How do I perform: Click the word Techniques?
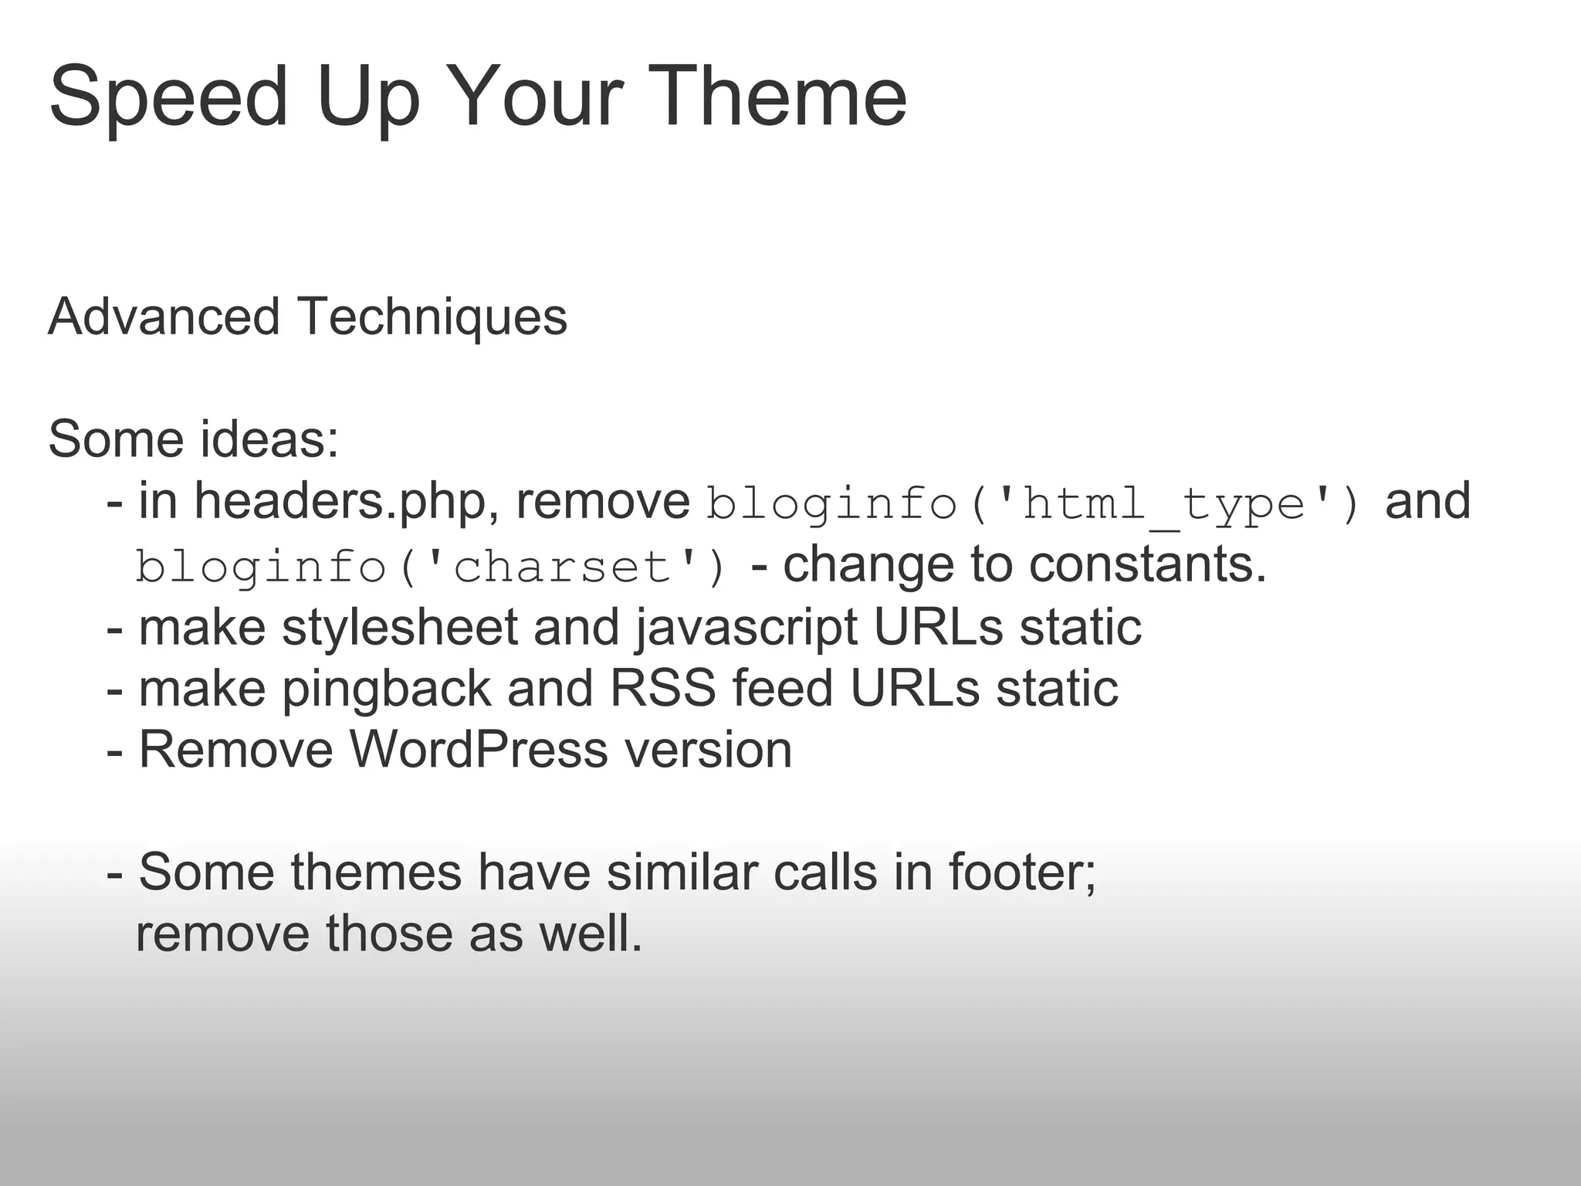tap(432, 318)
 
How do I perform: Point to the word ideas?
tap(270, 439)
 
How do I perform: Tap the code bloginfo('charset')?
tap(431, 568)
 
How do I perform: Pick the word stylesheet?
tap(400, 627)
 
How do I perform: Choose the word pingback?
tap(387, 690)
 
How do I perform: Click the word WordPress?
tap(479, 750)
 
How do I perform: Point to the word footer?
tap(1022, 873)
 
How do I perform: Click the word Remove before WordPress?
tap(235, 750)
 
